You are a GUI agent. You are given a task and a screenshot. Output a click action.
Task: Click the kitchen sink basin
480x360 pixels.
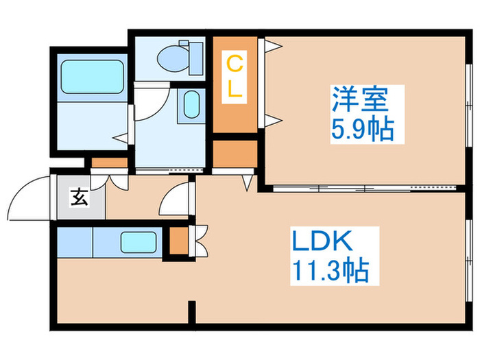pyautogui.click(x=140, y=242)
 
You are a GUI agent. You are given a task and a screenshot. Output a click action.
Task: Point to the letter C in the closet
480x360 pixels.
pyautogui.click(x=235, y=65)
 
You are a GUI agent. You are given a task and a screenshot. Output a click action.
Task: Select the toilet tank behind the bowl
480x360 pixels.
pyautogui.click(x=195, y=58)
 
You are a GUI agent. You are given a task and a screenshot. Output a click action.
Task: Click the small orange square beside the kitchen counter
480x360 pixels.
pyautogui.click(x=178, y=241)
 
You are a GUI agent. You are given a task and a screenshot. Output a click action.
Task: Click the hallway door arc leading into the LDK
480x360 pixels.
pyautogui.click(x=174, y=199)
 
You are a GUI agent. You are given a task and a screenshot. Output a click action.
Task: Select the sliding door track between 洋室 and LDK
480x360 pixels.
pyautogui.click(x=363, y=187)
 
